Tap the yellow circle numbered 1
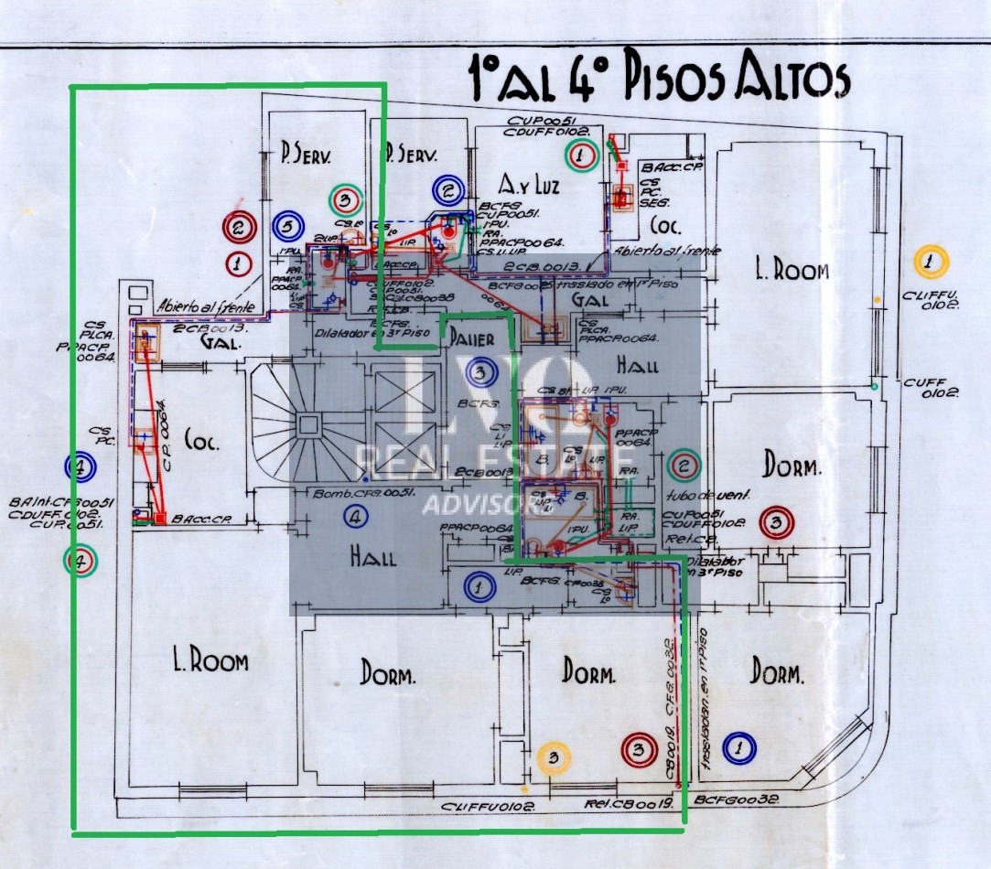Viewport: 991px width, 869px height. (931, 263)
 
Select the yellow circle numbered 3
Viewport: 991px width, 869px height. (554, 756)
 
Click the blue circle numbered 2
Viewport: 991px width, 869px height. (448, 191)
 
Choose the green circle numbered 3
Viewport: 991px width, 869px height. (345, 198)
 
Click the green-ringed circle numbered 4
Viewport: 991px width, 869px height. (82, 560)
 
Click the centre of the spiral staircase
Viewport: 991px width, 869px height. (307, 423)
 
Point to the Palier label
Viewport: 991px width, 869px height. (472, 339)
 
